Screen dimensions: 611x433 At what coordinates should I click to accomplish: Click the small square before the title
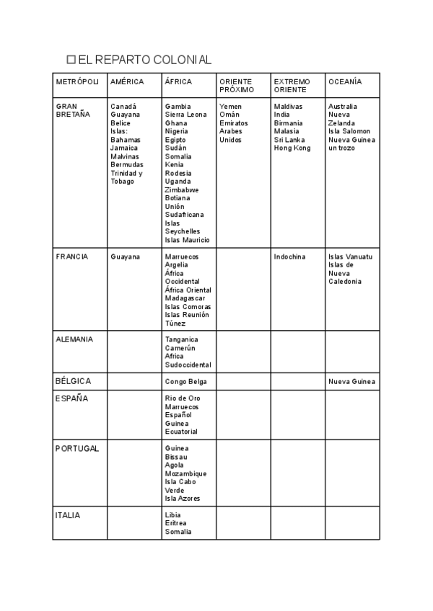pyautogui.click(x=71, y=60)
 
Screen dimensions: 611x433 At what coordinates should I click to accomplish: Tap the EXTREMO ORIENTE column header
pyautogui.click(x=292, y=86)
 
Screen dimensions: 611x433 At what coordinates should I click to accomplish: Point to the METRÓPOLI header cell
pyautogui.click(x=78, y=82)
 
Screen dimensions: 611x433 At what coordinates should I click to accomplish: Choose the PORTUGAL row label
pyautogui.click(x=77, y=448)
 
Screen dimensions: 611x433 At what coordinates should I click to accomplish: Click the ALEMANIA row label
pyautogui.click(x=74, y=339)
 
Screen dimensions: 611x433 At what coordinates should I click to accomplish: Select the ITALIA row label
pyautogui.click(x=68, y=515)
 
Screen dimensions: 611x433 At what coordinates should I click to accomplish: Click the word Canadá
pyautogui.click(x=123, y=107)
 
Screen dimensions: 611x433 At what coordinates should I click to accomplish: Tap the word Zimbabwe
pyautogui.click(x=183, y=189)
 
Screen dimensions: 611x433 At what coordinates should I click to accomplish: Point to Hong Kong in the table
pyautogui.click(x=292, y=148)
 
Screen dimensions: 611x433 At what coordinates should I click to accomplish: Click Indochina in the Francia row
pyautogui.click(x=289, y=257)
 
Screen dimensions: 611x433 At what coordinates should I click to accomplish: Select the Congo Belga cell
pyautogui.click(x=186, y=381)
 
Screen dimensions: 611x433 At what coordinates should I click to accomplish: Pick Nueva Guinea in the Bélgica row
pyautogui.click(x=351, y=381)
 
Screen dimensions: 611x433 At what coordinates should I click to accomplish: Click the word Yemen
pyautogui.click(x=230, y=107)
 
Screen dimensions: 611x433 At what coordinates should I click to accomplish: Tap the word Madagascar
pyautogui.click(x=185, y=298)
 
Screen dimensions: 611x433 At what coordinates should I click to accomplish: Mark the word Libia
pyautogui.click(x=173, y=515)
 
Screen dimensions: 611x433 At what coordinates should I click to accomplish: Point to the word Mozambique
pyautogui.click(x=185, y=473)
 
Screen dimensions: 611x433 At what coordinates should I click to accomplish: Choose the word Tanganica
pyautogui.click(x=181, y=339)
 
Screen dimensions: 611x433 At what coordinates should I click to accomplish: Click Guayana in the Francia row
pyautogui.click(x=126, y=257)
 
